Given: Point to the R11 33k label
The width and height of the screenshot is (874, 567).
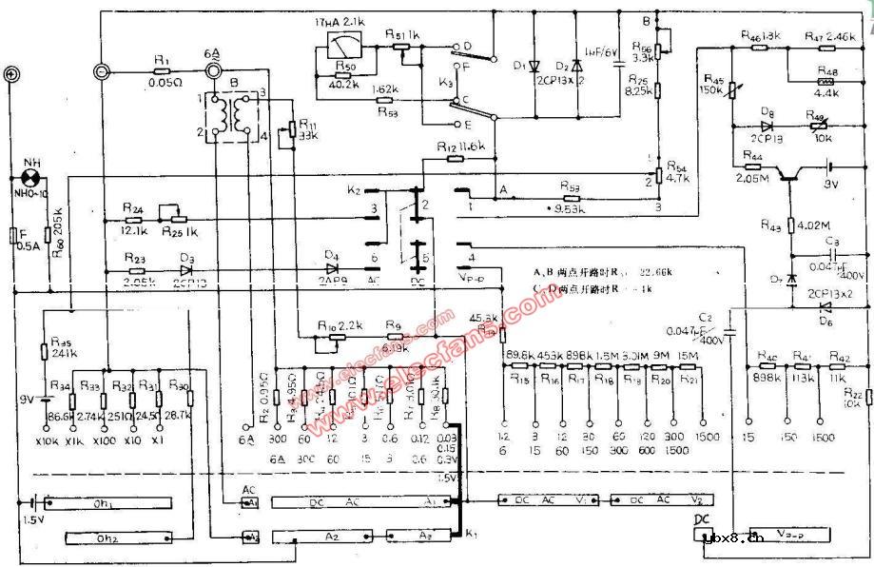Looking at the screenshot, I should click(x=305, y=128).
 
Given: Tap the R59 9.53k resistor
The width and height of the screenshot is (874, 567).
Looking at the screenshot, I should click(x=571, y=192).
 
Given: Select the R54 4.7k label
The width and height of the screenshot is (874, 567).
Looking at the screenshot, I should click(x=674, y=170).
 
